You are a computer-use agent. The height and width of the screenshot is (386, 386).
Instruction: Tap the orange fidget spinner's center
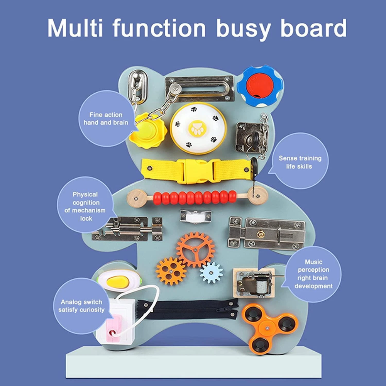point(267,328)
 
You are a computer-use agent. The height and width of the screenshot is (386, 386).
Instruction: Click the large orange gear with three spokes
point(195,250)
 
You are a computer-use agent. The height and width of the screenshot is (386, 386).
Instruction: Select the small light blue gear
point(211,273)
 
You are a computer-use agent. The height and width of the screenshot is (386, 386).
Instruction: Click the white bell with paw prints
point(198,128)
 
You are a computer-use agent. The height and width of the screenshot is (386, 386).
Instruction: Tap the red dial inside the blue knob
point(260,86)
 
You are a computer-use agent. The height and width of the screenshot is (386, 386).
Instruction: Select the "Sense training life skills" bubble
point(300,161)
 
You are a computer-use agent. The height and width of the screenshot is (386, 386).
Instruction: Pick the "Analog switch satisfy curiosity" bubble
point(81,306)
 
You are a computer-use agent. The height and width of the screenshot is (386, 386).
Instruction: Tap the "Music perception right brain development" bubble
point(313,274)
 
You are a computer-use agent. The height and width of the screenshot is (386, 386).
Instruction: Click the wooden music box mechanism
point(254,283)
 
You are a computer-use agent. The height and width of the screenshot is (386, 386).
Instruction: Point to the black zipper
point(188,309)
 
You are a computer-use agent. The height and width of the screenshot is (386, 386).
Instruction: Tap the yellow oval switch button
point(118,281)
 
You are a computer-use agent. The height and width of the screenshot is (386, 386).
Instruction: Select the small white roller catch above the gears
point(196,217)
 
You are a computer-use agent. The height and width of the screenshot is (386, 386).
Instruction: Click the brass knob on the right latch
point(261,234)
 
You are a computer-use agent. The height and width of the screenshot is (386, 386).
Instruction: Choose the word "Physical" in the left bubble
point(85,195)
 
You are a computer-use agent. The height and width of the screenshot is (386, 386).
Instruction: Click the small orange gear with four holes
point(171,271)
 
